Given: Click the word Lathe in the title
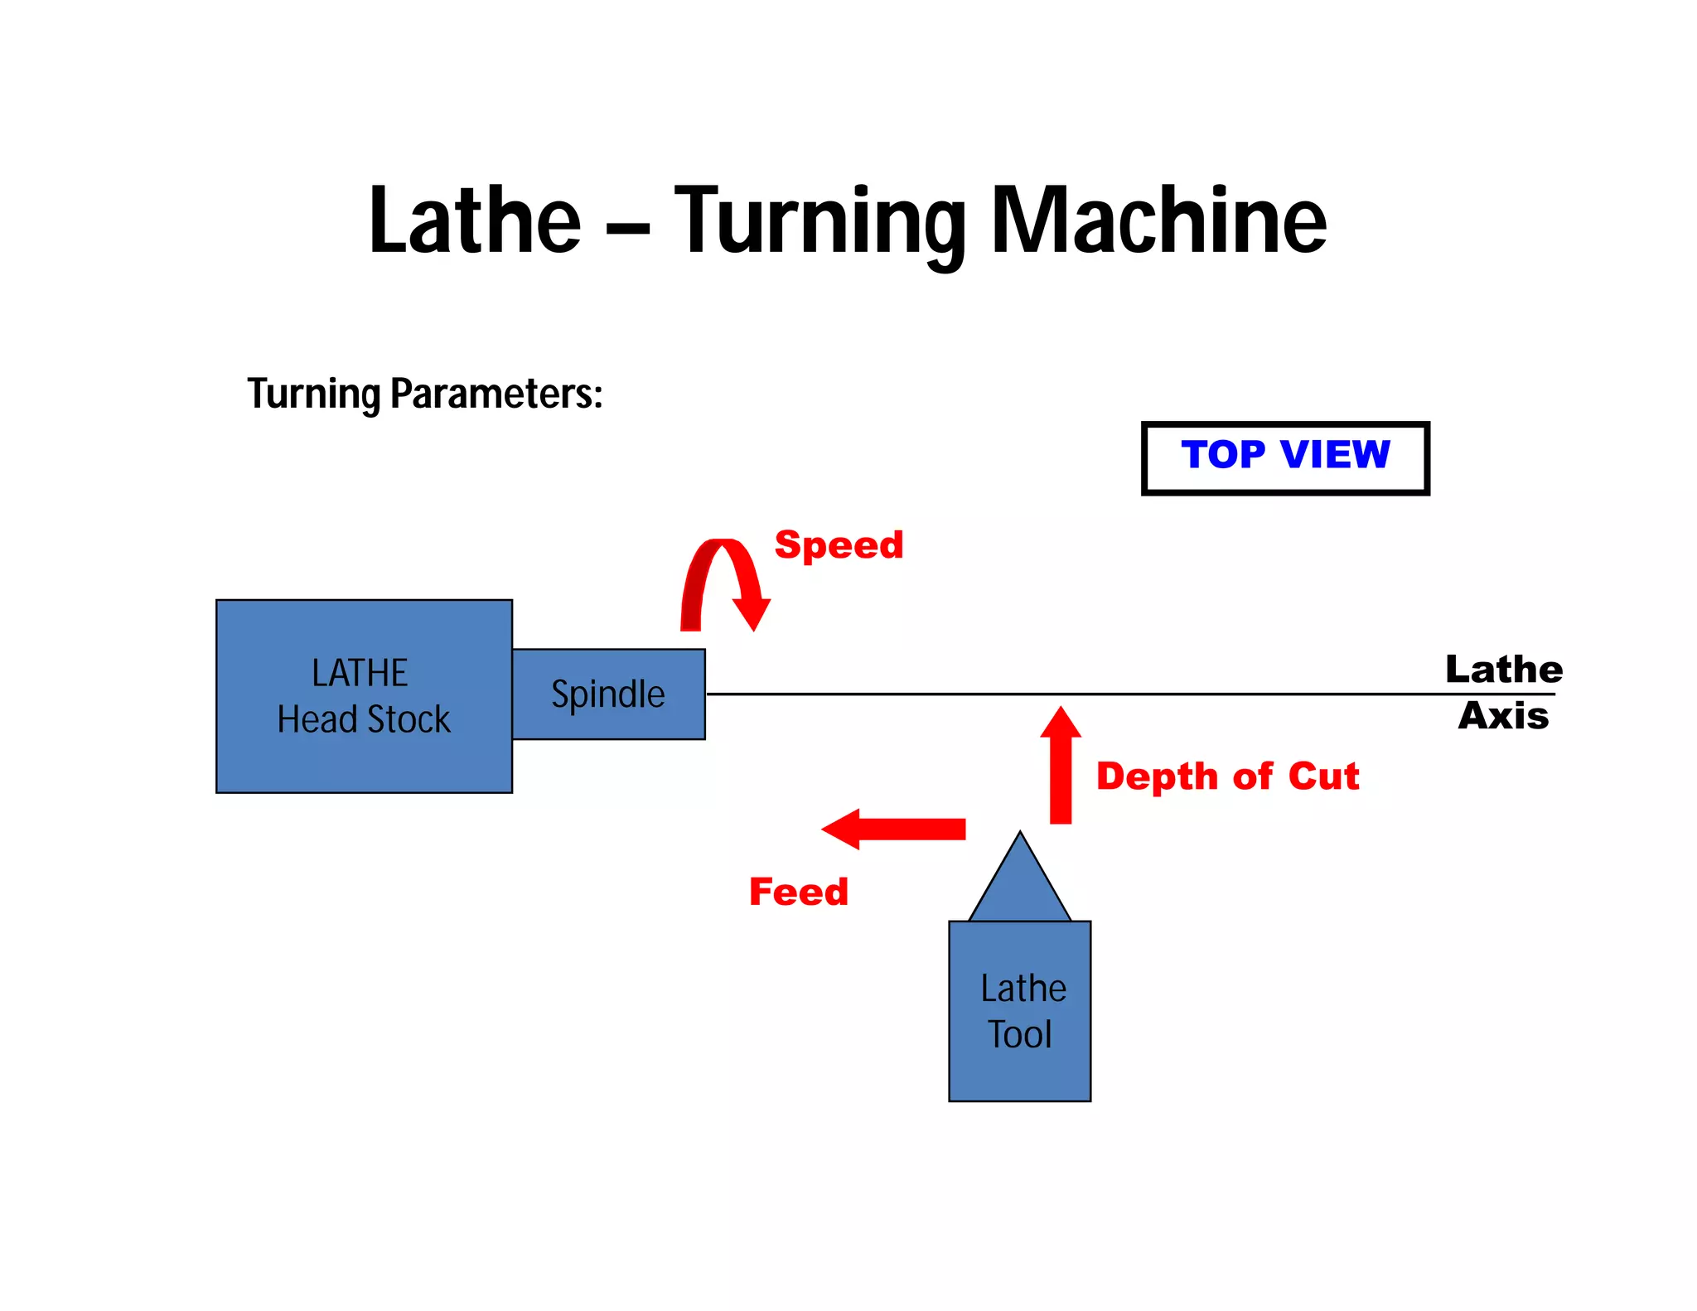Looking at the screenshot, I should [475, 220].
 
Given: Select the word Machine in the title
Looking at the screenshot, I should [1158, 220].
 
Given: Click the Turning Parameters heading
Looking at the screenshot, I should [424, 394].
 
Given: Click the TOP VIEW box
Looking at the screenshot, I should [1284, 457].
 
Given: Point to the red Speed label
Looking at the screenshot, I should [839, 545].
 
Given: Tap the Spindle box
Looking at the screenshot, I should [608, 694].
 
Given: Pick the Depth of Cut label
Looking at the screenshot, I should [1227, 776].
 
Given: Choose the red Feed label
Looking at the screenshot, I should [799, 893].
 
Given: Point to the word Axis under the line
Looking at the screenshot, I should [1503, 716].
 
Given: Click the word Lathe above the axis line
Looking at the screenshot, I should [1504, 670].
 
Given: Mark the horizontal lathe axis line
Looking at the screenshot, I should [1077, 694].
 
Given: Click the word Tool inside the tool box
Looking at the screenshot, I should [1019, 1035].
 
